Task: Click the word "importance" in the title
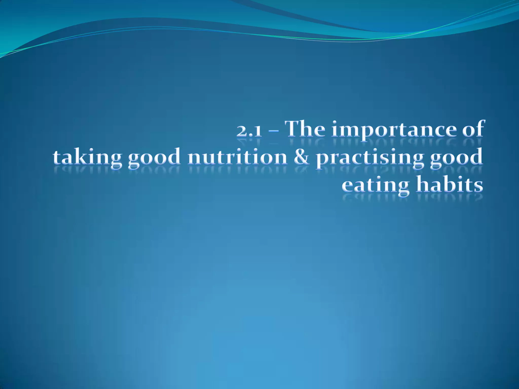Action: (x=391, y=130)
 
